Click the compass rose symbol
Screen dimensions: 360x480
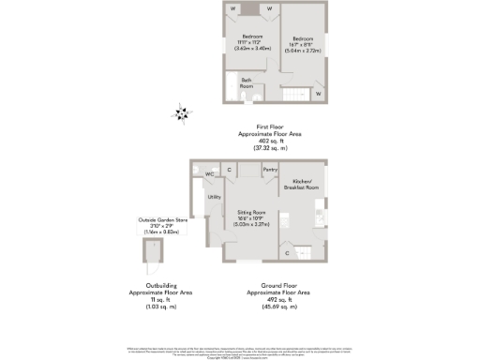(x=180, y=114)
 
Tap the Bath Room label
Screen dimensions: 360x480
(x=247, y=82)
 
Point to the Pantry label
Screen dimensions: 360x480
(x=270, y=169)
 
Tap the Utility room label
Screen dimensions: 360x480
(x=214, y=197)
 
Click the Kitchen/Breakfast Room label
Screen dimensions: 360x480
(x=306, y=184)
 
